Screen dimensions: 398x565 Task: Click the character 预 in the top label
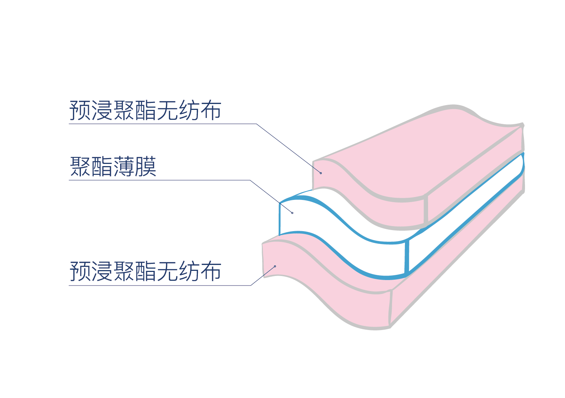[x=80, y=110]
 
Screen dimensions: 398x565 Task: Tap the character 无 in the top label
[x=167, y=110]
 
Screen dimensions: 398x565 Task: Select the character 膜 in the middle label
[x=146, y=167]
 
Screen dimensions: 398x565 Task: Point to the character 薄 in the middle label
[x=124, y=167]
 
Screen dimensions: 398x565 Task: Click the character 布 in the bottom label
[x=211, y=272]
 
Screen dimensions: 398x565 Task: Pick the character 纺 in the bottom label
[x=189, y=272]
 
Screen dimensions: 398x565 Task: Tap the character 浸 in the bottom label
[x=102, y=272]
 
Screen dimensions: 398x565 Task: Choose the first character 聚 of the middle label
[x=80, y=167]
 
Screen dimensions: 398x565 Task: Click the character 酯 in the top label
[x=145, y=110]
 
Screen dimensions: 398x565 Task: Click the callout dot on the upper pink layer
[x=320, y=173]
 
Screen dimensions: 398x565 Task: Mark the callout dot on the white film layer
[x=292, y=213]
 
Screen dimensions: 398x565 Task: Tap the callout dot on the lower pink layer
[x=275, y=266]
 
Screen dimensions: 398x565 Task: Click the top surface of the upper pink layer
[x=422, y=154]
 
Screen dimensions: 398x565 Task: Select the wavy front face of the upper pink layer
[x=367, y=206]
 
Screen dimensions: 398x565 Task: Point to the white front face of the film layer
[x=330, y=228]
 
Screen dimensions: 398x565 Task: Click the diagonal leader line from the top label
[x=286, y=147]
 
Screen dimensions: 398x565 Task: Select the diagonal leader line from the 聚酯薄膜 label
[x=272, y=197]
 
